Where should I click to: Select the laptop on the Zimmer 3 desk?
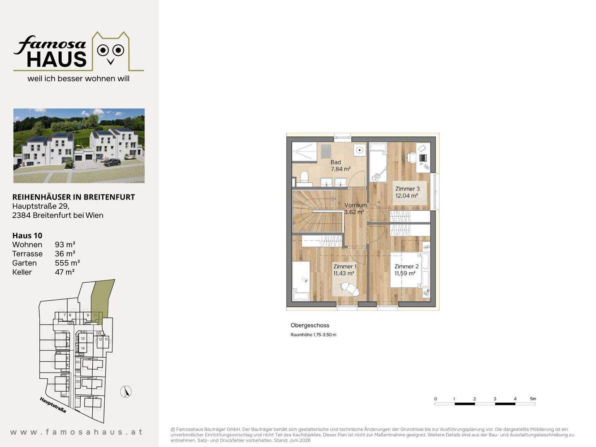[x=423, y=158]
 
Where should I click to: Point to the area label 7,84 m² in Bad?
[x=341, y=169]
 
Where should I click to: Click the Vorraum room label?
[x=356, y=205]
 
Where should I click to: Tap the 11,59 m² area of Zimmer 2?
[x=404, y=273]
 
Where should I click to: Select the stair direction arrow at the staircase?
[x=334, y=199]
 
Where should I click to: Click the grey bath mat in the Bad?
[x=326, y=151]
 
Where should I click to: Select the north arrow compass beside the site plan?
[x=126, y=392]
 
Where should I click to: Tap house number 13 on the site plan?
[x=83, y=339]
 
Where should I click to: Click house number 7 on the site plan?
[x=65, y=315]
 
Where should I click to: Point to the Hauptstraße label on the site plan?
[x=53, y=405]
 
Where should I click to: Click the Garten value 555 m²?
[x=67, y=263]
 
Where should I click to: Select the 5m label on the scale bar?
[x=533, y=399]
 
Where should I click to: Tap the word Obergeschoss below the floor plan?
[x=310, y=325]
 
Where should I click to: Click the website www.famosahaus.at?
[x=77, y=432]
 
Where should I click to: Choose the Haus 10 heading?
[x=27, y=236]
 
